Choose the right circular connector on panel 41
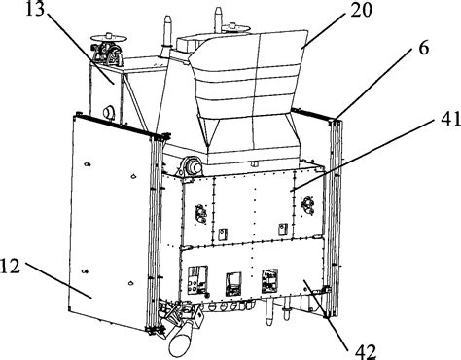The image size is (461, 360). [x=308, y=204]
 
